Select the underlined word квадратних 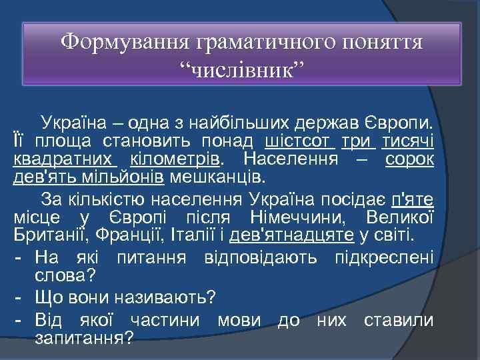65,160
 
